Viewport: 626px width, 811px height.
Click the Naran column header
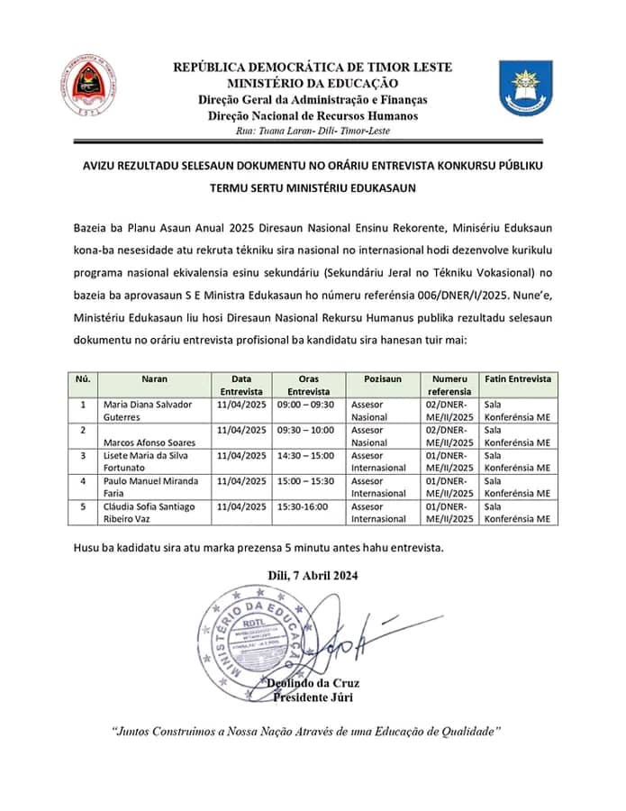pos(154,379)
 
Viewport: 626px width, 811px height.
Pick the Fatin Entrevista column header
pos(518,379)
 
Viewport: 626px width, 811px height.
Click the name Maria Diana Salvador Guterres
pos(148,411)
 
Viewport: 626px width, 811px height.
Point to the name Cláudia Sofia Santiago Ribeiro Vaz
pos(150,512)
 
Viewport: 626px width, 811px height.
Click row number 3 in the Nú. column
pos(83,456)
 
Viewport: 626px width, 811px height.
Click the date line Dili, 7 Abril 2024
pos(313,576)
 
